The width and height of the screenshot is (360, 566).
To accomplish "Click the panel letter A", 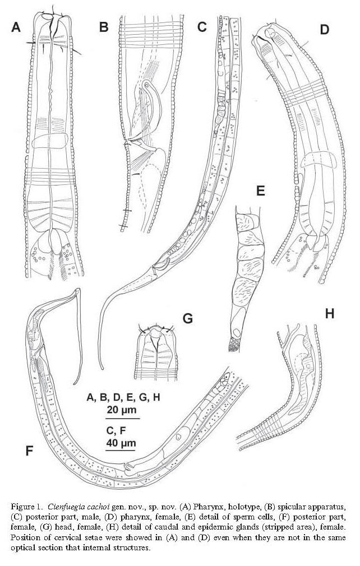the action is [16, 27].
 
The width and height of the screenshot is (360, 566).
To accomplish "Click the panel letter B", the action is [104, 27].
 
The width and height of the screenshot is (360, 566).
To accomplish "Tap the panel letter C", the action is [202, 27].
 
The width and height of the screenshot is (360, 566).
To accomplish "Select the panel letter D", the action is [324, 30].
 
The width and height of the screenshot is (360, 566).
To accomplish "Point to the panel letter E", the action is [261, 190].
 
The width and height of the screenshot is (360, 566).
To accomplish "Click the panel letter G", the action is [188, 318].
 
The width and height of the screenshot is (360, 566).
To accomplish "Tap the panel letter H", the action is [329, 314].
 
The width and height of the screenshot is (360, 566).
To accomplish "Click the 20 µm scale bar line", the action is [122, 419].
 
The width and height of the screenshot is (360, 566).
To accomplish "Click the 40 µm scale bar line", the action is [121, 450].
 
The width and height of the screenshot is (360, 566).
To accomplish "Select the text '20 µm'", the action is [122, 410].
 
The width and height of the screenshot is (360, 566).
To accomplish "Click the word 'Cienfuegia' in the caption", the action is [66, 504].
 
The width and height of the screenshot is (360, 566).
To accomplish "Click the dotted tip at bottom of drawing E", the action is [234, 345].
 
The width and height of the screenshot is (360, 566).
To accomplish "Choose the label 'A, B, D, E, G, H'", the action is [123, 397].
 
